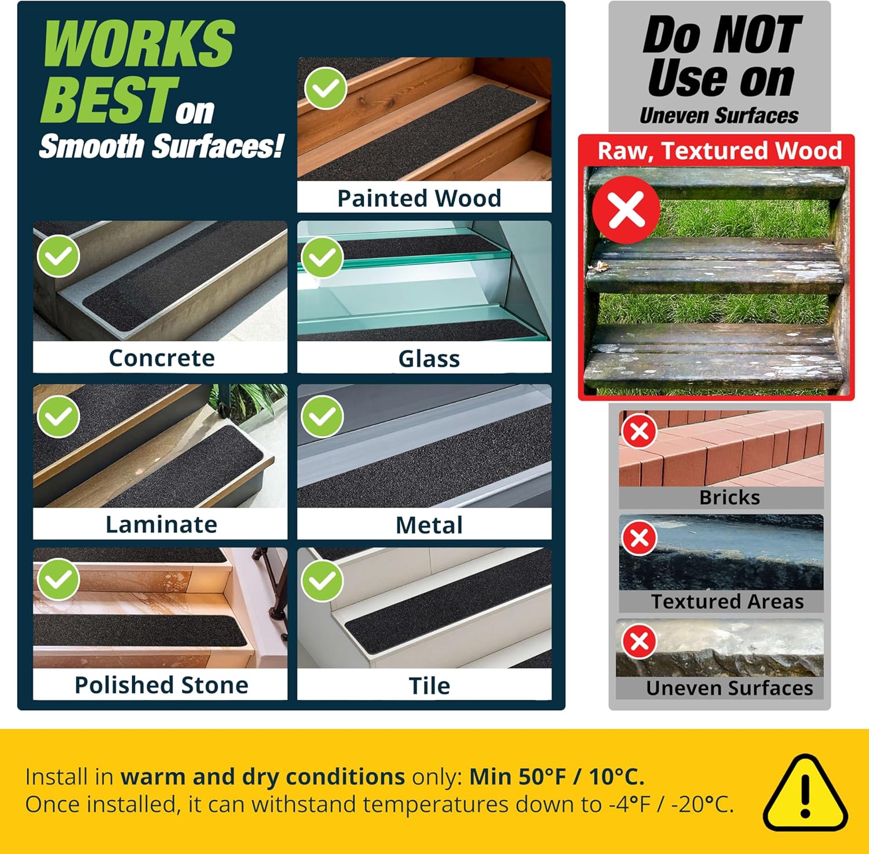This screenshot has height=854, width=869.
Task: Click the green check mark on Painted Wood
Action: (326, 88)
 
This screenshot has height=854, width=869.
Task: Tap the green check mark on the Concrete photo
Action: (59, 256)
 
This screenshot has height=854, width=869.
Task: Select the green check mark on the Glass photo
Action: (322, 257)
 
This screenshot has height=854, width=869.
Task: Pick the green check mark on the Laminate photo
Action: (59, 417)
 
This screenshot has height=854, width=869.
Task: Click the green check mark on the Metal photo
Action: (322, 417)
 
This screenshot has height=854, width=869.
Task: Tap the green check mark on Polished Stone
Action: (59, 579)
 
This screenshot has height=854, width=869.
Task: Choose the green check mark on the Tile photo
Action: (322, 581)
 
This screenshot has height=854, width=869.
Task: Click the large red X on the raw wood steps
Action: (626, 209)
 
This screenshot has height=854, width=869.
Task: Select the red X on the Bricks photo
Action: (639, 431)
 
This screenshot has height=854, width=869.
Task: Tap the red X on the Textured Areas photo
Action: (639, 538)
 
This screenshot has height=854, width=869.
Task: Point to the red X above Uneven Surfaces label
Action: (639, 641)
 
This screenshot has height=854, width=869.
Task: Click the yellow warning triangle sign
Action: (805, 793)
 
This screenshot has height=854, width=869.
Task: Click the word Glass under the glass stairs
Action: (429, 359)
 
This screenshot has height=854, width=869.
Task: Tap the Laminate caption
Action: (161, 524)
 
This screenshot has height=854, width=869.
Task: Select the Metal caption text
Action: (429, 525)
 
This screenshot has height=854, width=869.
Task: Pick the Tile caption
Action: (429, 685)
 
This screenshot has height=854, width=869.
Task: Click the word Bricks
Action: (729, 497)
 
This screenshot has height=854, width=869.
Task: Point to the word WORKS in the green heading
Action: (139, 44)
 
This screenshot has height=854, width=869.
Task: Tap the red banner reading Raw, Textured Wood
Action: (719, 151)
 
